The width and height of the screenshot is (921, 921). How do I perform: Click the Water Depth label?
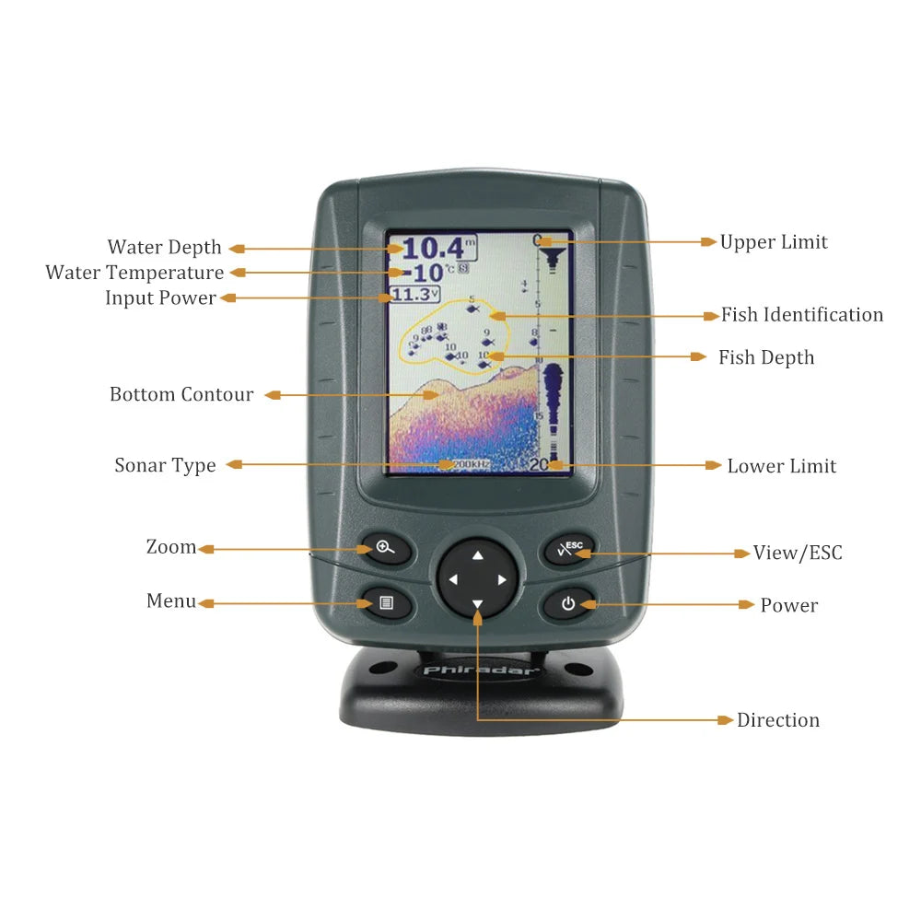tap(164, 247)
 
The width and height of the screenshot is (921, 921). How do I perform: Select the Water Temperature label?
tap(134, 273)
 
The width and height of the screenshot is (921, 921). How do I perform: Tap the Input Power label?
tap(160, 297)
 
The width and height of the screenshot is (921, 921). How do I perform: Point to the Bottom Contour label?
tap(181, 394)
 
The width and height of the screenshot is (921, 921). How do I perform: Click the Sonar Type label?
tap(165, 465)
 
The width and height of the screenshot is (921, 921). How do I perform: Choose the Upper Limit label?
tap(774, 242)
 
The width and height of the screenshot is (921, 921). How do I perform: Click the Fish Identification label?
tap(801, 315)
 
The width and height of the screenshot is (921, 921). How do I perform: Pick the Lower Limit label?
tap(781, 466)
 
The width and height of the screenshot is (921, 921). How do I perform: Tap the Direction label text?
tap(777, 720)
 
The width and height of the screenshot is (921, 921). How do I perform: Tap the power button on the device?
tap(568, 604)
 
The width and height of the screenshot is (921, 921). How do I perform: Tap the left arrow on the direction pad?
tap(452, 580)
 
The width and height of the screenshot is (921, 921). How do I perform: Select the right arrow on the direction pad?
tap(502, 580)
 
